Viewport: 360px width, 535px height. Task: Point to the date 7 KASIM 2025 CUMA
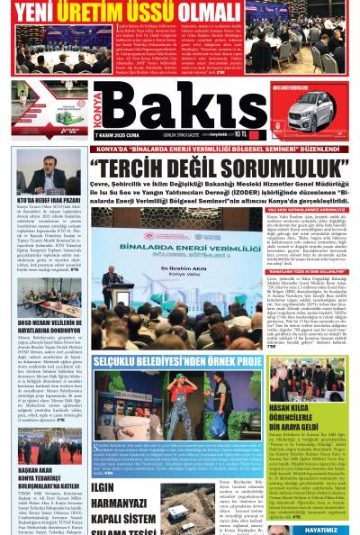click(x=116, y=134)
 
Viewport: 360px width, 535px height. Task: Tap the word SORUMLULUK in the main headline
click(x=279, y=168)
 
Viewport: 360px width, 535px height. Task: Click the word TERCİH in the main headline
click(x=135, y=168)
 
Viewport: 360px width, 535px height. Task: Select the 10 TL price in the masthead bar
click(x=238, y=134)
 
